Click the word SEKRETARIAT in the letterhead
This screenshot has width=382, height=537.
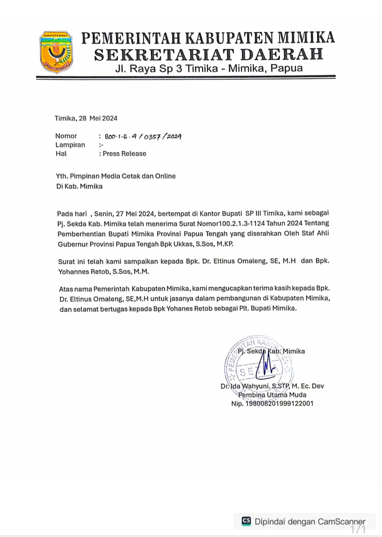click(164, 54)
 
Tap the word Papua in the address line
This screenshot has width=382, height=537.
click(286, 68)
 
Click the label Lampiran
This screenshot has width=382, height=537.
click(70, 145)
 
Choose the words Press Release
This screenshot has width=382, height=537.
click(125, 154)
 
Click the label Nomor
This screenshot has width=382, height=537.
click(66, 136)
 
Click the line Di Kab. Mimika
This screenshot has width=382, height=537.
click(79, 186)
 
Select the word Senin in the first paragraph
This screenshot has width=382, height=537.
click(103, 213)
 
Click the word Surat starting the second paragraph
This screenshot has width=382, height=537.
click(66, 261)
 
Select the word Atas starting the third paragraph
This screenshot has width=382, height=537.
click(66, 289)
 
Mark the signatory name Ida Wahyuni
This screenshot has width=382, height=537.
click(250, 386)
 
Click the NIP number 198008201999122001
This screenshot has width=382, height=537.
click(279, 404)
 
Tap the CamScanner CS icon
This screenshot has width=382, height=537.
click(246, 521)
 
